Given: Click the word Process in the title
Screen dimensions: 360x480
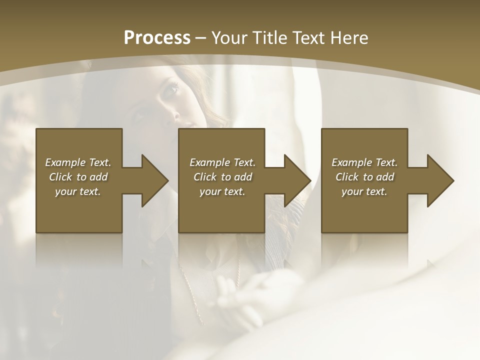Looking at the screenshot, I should click(x=157, y=38).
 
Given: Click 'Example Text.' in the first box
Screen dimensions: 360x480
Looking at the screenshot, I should click(x=78, y=162).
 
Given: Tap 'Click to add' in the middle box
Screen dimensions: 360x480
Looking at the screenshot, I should click(x=222, y=177).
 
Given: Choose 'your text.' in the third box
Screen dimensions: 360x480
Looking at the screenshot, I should click(x=364, y=191).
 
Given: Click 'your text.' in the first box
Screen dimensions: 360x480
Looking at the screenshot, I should click(x=78, y=191).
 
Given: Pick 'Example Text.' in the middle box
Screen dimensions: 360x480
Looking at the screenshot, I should click(x=222, y=162).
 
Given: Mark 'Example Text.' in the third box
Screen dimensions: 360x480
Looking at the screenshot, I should click(x=364, y=162).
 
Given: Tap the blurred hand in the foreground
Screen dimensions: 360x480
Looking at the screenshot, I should click(x=235, y=295).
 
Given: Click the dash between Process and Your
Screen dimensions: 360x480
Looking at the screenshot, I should click(x=200, y=38).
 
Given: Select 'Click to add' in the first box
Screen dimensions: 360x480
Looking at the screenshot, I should click(x=78, y=177).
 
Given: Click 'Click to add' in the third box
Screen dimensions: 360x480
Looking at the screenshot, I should click(x=364, y=177).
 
